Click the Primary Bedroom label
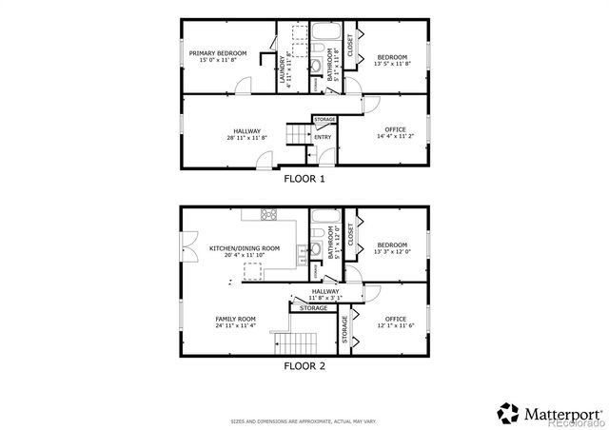[x=218, y=52]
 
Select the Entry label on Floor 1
[x=324, y=137]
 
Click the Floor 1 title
[x=304, y=178]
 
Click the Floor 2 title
[x=304, y=363]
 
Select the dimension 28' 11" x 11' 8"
[x=246, y=138]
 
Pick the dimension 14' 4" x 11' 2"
[x=396, y=136]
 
